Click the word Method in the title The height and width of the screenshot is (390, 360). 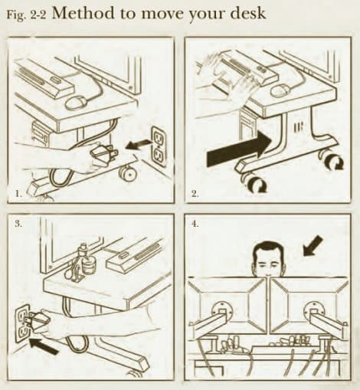click(86, 14)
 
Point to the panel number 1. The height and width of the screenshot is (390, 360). click(18, 195)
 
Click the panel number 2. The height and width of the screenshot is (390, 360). click(195, 195)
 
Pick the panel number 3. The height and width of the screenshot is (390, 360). click(18, 225)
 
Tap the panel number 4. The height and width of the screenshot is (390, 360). click(195, 225)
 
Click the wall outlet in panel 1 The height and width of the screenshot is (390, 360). click(159, 146)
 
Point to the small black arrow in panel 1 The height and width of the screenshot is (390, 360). click(138, 144)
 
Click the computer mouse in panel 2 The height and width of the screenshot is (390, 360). click(281, 91)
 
